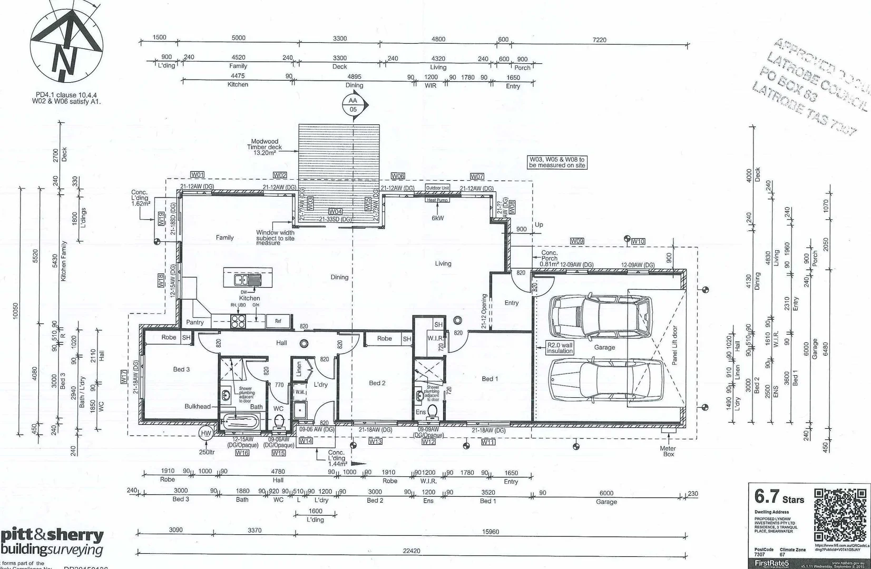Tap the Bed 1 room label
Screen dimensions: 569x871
[488, 379]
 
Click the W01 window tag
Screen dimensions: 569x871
[197, 174]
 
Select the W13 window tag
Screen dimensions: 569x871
[375, 442]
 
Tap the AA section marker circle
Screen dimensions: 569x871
[353, 105]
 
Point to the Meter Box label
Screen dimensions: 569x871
[668, 452]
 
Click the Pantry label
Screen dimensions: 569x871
[195, 322]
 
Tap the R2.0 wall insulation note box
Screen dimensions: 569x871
[559, 348]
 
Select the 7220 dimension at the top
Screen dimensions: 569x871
[600, 40]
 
